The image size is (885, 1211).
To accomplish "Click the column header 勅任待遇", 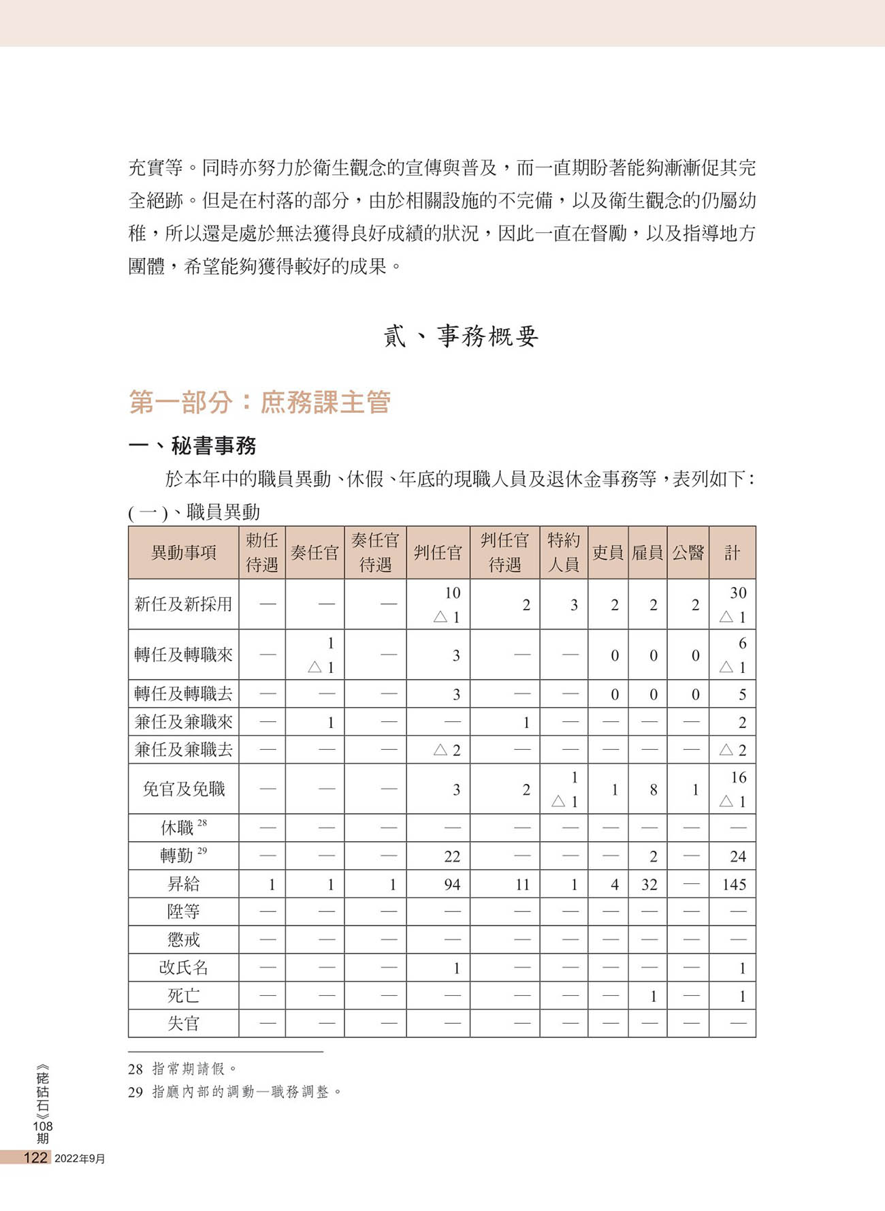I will [x=262, y=552].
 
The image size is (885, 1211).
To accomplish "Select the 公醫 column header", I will [x=688, y=552].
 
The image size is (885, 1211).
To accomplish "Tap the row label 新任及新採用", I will [x=183, y=604].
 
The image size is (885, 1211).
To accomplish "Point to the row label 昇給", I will [x=183, y=884].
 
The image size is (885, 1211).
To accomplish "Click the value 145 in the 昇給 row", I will [x=734, y=885].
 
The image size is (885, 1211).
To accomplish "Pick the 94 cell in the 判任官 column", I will [x=451, y=885].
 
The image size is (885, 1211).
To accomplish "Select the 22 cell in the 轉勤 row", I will [x=451, y=857].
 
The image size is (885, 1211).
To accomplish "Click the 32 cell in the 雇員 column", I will [x=649, y=885].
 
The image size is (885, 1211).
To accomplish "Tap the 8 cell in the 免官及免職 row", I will [x=653, y=790].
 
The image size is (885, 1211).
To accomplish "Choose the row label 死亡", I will [x=183, y=996].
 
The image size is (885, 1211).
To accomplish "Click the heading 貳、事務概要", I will [x=461, y=336].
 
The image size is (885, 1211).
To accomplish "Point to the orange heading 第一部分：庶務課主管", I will [x=259, y=403].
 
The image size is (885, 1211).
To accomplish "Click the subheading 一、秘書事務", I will [x=193, y=446].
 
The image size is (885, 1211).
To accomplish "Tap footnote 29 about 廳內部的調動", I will [x=235, y=1092].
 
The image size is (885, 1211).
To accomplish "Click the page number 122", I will [x=35, y=1158].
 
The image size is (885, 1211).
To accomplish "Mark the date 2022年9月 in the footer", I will [x=80, y=1159].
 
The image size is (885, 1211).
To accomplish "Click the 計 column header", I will [x=732, y=552].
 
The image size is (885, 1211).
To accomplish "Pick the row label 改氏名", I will [x=183, y=968].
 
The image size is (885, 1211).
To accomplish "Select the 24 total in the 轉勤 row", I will [x=737, y=857].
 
